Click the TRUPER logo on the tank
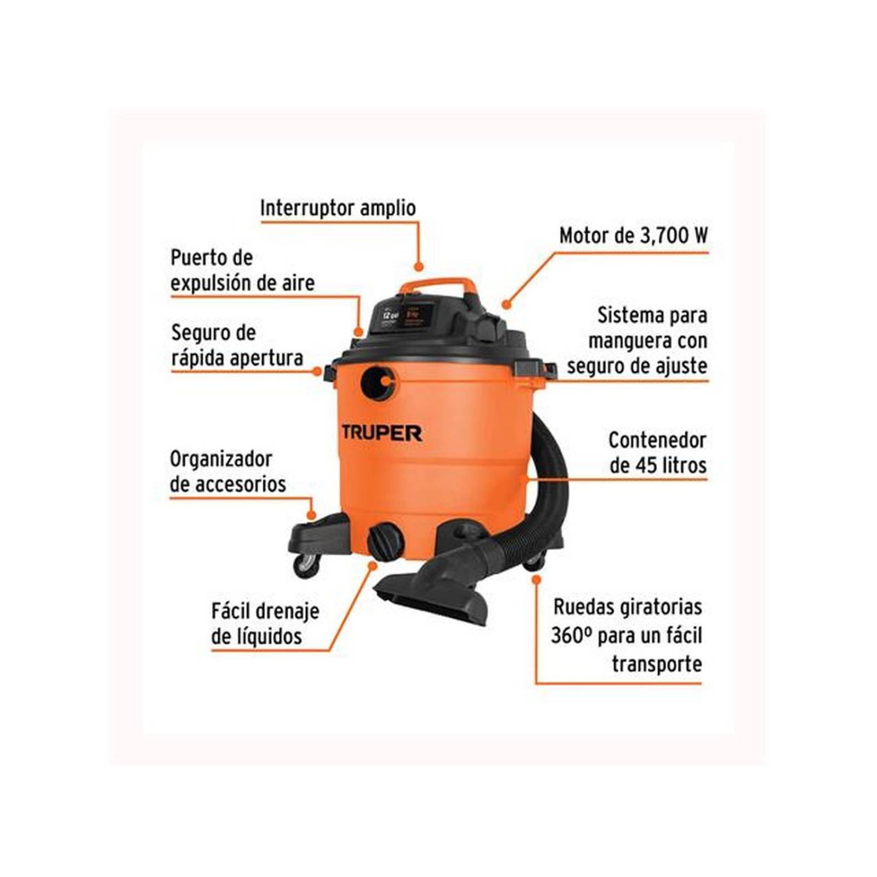point(381,432)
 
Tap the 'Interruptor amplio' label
point(338,208)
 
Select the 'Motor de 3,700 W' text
point(633,236)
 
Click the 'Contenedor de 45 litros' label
point(657,453)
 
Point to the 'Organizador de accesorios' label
point(227,471)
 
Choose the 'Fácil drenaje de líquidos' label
point(265,624)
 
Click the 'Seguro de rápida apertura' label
point(237,345)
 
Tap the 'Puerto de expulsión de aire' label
point(242,270)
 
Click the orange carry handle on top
point(437,286)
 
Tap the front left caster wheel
point(306,564)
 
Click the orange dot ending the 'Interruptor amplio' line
point(419,267)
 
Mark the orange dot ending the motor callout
point(506,303)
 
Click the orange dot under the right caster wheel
point(536,579)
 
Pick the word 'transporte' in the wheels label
point(657,664)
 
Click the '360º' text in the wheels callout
point(568,636)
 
